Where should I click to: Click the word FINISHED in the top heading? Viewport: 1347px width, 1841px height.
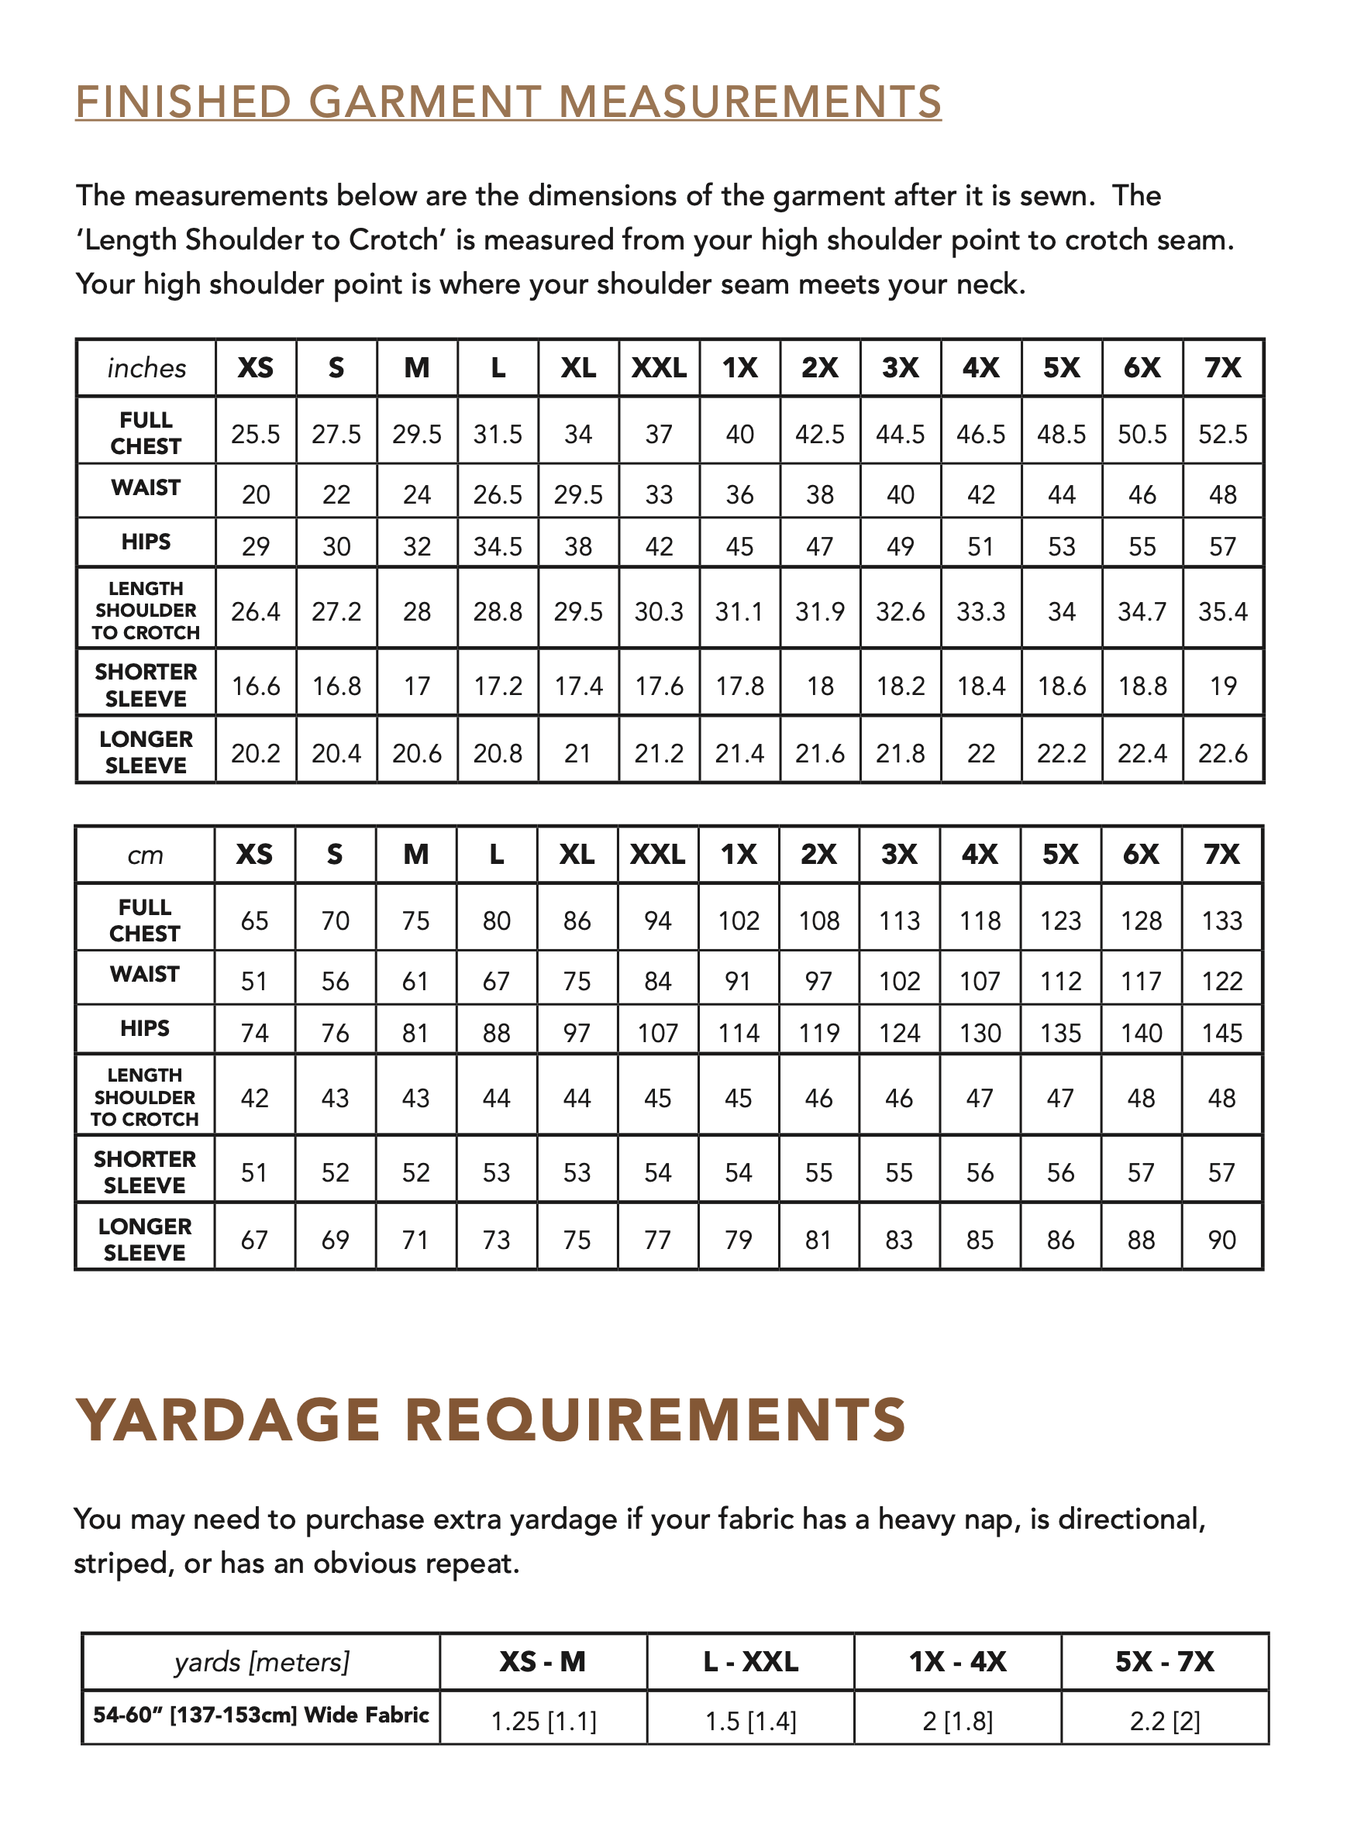pos(184,103)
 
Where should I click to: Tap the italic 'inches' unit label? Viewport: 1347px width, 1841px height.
pos(146,368)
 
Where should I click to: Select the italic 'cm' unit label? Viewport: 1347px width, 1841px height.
pos(145,855)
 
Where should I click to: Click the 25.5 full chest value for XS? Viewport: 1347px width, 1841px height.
pos(255,435)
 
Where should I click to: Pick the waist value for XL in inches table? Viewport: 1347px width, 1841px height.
pos(578,494)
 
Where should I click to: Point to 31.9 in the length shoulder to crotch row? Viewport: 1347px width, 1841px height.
pos(819,611)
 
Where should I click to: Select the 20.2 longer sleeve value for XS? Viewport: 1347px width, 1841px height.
pos(255,753)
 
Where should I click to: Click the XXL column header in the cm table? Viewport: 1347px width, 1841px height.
pos(657,854)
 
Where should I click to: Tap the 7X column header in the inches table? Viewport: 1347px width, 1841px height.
pos(1222,367)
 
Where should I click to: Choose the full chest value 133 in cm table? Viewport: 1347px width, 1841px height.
pos(1221,921)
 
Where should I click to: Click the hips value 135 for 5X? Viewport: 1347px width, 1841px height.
pos(1060,1034)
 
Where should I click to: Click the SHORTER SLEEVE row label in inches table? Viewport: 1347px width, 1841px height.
pos(146,686)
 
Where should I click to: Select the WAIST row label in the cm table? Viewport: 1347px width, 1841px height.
pos(144,975)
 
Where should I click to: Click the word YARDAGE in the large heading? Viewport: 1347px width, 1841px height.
pos(228,1420)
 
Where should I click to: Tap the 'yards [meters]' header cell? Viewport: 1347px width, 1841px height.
pos(261,1662)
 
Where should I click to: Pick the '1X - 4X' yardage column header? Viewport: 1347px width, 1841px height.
pos(957,1662)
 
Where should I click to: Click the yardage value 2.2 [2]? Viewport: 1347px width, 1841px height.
pos(1164,1721)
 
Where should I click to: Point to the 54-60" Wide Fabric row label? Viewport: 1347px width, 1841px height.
pos(261,1715)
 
